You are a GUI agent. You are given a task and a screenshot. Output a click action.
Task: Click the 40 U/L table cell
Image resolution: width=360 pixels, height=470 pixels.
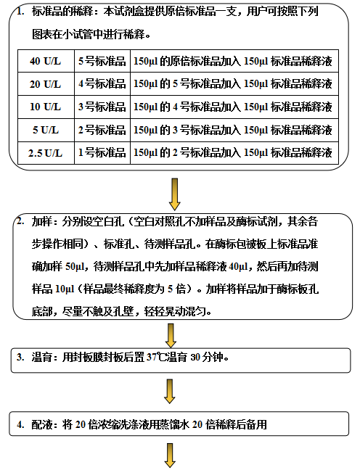(46, 61)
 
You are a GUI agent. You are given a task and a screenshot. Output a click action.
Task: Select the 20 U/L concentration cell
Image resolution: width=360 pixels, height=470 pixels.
(46, 84)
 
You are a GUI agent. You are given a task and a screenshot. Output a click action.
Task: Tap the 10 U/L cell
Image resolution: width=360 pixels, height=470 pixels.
(46, 107)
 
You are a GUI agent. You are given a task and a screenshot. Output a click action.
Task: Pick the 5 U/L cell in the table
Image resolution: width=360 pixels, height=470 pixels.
(46, 130)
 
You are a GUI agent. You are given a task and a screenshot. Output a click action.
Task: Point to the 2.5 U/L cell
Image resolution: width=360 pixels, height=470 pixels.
(46, 153)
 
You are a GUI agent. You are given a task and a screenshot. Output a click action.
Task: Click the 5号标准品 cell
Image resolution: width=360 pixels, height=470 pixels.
(102, 61)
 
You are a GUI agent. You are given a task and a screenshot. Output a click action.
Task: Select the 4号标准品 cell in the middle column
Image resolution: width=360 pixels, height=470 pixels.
(102, 84)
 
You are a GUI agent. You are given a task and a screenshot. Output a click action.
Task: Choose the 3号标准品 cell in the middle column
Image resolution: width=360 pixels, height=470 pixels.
(102, 107)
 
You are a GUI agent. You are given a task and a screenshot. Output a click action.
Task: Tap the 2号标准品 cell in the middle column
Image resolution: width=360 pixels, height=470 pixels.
(102, 130)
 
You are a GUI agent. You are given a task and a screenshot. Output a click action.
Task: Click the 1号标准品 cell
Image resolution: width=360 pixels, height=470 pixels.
(102, 153)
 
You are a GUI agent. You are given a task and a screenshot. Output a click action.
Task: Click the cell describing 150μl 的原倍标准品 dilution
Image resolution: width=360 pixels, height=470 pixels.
(234, 61)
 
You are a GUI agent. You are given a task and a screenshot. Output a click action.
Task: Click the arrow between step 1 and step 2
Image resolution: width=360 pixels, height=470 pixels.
(175, 194)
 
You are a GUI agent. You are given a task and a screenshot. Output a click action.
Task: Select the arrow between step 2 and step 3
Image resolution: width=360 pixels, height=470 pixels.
(171, 335)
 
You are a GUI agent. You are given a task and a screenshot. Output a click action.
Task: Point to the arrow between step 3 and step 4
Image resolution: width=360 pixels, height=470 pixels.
(170, 391)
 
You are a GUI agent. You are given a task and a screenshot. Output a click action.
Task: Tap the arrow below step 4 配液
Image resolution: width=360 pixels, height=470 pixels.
(170, 455)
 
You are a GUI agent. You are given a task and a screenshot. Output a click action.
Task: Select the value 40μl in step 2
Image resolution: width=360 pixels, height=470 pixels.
(239, 266)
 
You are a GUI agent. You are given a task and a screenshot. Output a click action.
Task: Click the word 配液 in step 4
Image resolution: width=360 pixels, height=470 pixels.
(41, 424)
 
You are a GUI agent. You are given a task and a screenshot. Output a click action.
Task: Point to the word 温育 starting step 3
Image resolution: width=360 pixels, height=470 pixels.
(41, 357)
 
